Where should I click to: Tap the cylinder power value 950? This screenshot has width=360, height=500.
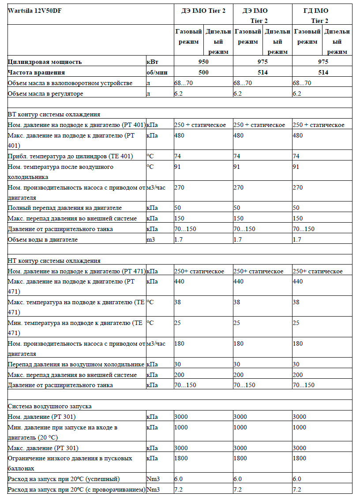coord(203,62)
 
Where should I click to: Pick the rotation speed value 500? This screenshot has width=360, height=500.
coord(203,72)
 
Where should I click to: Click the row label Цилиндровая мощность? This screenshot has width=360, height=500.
coord(45,62)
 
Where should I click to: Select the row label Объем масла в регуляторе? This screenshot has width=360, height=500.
coord(45,93)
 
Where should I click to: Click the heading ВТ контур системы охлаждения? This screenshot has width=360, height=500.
coord(54,114)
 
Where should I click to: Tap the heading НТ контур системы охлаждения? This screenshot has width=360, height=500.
coord(54,261)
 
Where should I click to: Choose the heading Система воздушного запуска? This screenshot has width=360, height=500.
coord(50,406)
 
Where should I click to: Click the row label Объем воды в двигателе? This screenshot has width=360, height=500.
coord(43,239)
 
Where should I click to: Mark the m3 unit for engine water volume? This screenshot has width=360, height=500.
coord(151,239)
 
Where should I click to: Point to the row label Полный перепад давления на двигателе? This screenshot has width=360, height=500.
coord(65,208)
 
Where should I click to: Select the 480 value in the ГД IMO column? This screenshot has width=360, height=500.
coord(298,135)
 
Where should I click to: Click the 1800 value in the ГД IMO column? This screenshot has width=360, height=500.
coord(300,458)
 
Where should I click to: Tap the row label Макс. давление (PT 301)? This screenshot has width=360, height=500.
coord(43,448)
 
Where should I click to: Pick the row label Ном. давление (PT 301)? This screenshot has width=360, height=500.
coord(42,417)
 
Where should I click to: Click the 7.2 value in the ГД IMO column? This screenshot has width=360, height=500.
coord(297,489)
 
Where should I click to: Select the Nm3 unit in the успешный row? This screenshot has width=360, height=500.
coord(153,479)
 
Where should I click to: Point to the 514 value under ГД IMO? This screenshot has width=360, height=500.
coord(323,72)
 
